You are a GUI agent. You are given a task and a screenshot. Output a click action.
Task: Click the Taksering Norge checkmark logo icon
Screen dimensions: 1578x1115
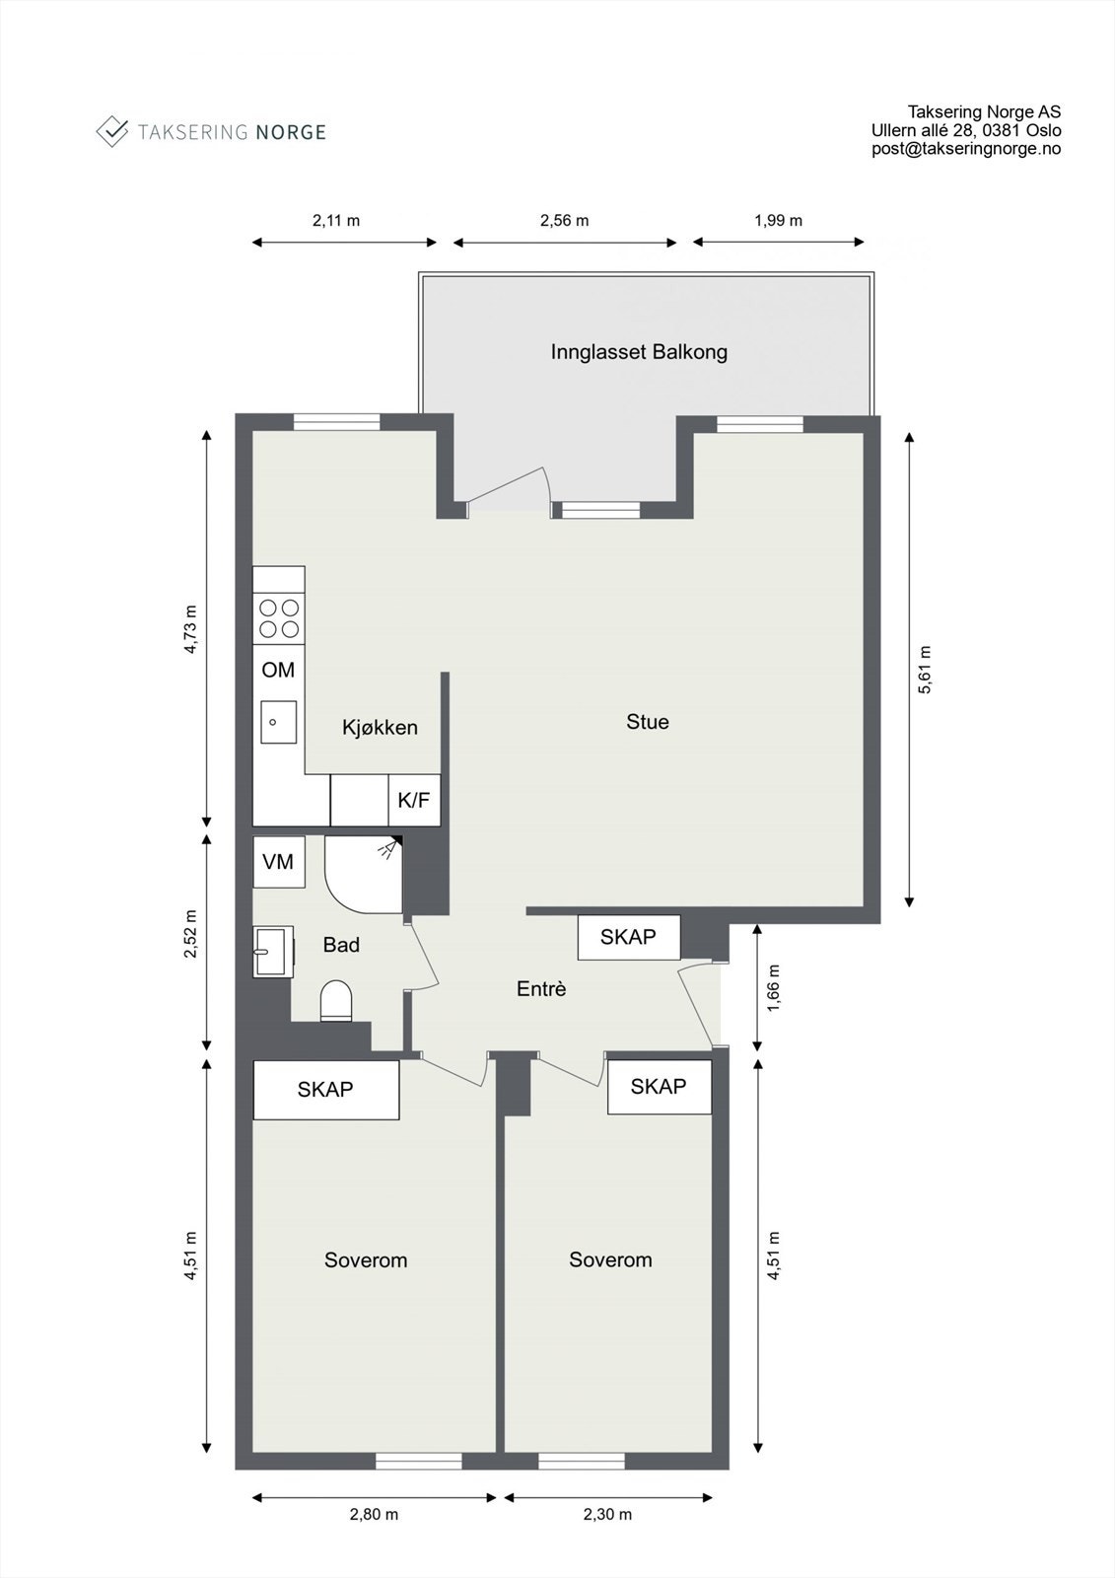112,130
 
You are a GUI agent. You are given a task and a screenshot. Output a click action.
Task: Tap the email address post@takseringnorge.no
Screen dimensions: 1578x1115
965,149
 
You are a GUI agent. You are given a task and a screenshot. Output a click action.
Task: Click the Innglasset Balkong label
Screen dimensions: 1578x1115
639,352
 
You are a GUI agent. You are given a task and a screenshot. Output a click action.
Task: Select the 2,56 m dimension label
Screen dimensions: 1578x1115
564,221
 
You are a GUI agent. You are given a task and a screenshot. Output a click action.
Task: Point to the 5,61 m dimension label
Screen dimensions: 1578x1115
925,670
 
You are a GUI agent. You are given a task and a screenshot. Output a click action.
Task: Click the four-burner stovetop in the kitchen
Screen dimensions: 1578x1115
279,618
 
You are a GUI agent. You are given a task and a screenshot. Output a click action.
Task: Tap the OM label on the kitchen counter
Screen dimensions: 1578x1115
278,671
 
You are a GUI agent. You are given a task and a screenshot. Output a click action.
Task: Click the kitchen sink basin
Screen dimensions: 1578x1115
278,722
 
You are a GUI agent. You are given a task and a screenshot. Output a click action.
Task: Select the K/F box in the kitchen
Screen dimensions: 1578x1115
414,800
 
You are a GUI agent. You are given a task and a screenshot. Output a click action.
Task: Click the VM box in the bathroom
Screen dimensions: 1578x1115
278,862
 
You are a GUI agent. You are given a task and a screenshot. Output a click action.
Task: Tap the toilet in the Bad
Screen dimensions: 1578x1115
336,1000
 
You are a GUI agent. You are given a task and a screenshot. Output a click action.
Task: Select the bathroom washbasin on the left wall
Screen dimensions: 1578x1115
273,952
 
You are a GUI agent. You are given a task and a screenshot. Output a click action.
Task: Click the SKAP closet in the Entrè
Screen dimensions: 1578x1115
628,937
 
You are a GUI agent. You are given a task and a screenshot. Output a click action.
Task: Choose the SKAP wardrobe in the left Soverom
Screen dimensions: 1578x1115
325,1090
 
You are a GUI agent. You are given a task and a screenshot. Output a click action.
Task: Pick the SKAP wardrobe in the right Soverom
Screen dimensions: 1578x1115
659,1087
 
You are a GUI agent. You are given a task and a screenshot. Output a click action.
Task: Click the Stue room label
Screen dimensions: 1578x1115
648,722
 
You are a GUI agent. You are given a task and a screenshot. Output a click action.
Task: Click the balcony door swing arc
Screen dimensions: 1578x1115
513,483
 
